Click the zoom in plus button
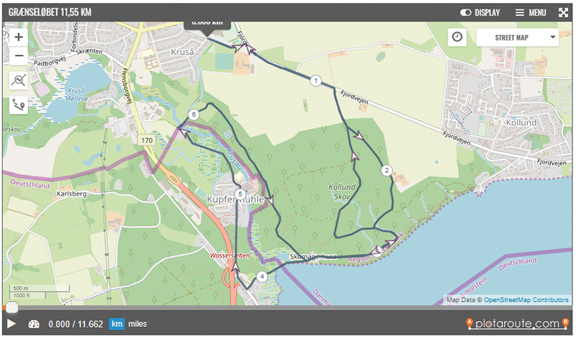(x=19, y=37)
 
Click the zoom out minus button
(x=19, y=55)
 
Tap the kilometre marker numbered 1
(x=315, y=81)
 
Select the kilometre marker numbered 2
(x=387, y=171)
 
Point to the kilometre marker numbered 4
(x=262, y=276)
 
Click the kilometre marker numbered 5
(x=240, y=193)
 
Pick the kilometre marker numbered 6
(x=193, y=114)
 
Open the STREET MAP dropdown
(x=517, y=37)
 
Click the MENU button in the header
(x=531, y=12)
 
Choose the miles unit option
(x=138, y=324)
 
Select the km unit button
(x=117, y=324)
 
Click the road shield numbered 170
(x=147, y=140)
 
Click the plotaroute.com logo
(x=517, y=324)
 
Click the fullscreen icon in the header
(x=563, y=12)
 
